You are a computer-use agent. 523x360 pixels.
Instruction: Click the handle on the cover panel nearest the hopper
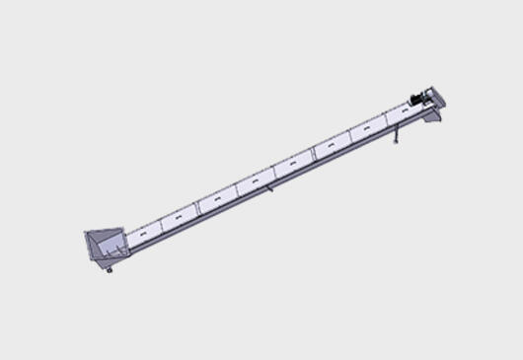point(144,235)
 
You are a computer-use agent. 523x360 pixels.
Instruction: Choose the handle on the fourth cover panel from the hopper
point(255,183)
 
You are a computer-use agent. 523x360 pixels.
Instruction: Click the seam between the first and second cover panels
point(162,225)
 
